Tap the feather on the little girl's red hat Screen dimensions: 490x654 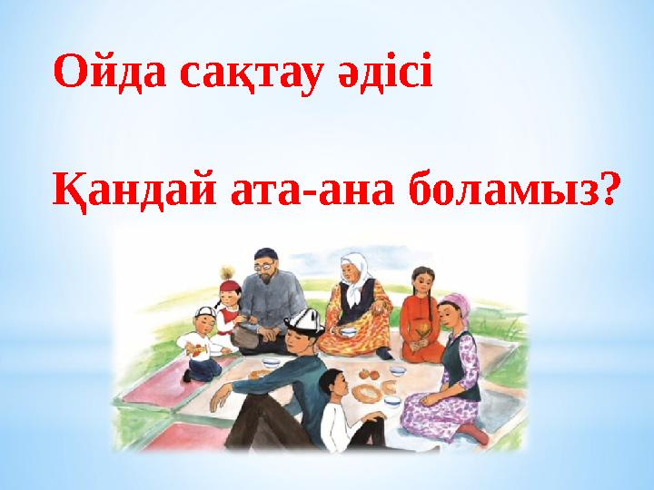[226, 270]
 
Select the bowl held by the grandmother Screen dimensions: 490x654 [348, 333]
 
